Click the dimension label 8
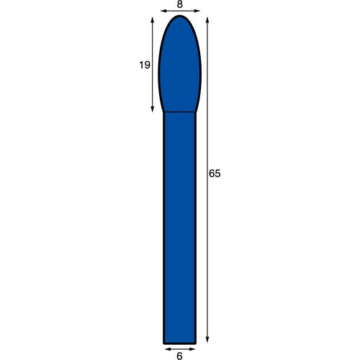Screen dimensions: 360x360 pos(180,4)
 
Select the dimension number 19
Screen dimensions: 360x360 pos(145,65)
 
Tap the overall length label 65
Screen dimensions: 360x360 pos(215,174)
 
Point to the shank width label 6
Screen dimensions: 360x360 pos(179,356)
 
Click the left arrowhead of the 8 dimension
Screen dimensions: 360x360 pos(163,11)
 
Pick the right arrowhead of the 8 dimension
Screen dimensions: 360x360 pos(197,11)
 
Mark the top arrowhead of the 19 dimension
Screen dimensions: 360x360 pos(153,20)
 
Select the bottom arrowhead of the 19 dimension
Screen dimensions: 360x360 pos(153,109)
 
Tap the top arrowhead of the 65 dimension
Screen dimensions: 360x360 pos(207,20)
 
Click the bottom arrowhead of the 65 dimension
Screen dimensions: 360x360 pos(207,340)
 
